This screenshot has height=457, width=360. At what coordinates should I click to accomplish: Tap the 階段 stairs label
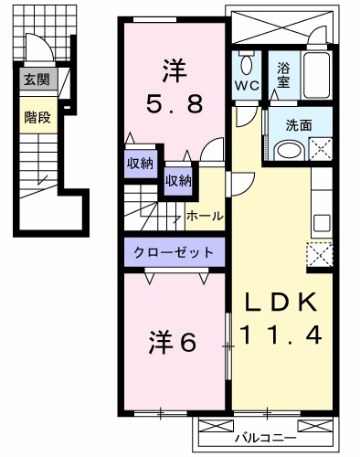(x=37, y=116)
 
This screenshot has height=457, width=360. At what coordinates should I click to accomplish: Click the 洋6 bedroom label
(x=173, y=343)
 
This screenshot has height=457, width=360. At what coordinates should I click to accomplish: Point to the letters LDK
(x=280, y=303)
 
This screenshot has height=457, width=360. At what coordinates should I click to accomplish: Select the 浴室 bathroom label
(x=283, y=73)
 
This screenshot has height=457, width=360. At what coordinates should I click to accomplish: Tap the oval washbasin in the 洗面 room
(x=290, y=152)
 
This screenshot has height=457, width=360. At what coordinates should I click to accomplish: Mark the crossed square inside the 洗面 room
(x=321, y=148)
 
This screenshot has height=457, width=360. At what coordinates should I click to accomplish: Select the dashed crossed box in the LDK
(x=321, y=253)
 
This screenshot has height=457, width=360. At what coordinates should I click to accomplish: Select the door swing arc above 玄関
(x=37, y=50)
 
